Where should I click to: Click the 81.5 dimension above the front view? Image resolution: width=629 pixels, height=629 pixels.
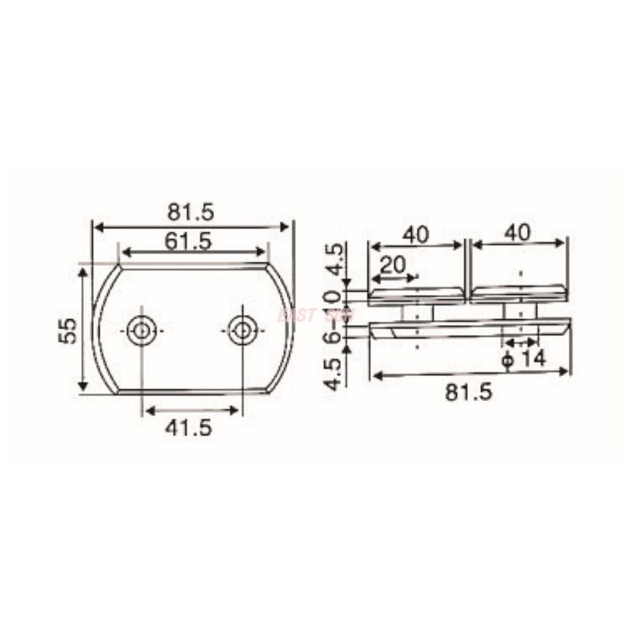click(191, 212)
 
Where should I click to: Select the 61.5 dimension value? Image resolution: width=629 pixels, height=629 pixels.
click(188, 241)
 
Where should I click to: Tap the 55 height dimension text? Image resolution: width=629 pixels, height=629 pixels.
click(68, 330)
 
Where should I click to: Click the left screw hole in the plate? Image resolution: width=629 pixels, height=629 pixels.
click(142, 330)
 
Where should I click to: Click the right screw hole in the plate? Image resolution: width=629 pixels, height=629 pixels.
click(243, 330)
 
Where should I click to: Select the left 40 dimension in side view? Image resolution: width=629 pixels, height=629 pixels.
click(416, 234)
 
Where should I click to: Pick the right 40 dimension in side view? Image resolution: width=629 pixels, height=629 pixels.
click(519, 233)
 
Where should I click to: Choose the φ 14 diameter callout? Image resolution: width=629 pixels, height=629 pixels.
click(524, 359)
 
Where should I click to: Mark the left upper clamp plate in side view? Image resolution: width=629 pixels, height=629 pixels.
click(417, 295)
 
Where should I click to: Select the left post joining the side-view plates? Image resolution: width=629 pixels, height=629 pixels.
click(416, 313)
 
